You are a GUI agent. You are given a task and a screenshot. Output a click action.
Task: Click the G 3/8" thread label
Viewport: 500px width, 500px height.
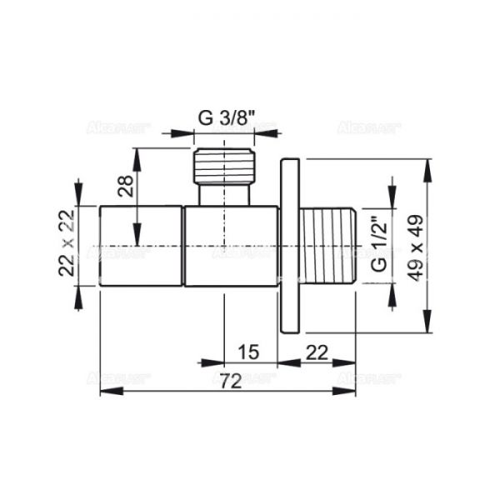click(x=224, y=117)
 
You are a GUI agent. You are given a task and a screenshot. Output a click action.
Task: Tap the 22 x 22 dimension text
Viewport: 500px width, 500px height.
click(x=67, y=245)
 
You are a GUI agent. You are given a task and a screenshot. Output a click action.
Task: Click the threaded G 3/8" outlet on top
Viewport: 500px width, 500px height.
click(x=224, y=167)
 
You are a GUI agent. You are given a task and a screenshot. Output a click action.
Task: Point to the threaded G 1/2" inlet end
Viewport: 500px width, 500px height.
click(x=329, y=246)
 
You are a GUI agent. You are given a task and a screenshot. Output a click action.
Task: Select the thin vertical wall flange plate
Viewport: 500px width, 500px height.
click(x=288, y=246)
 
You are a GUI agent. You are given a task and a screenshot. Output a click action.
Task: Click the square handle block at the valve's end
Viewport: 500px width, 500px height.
click(x=142, y=246)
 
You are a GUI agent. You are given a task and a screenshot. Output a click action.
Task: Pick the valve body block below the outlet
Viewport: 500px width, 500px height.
click(x=231, y=246)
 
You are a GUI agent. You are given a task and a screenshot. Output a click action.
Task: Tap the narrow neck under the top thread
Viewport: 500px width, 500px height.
click(x=224, y=195)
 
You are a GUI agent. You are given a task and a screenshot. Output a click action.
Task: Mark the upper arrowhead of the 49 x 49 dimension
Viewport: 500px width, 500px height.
click(x=428, y=167)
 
